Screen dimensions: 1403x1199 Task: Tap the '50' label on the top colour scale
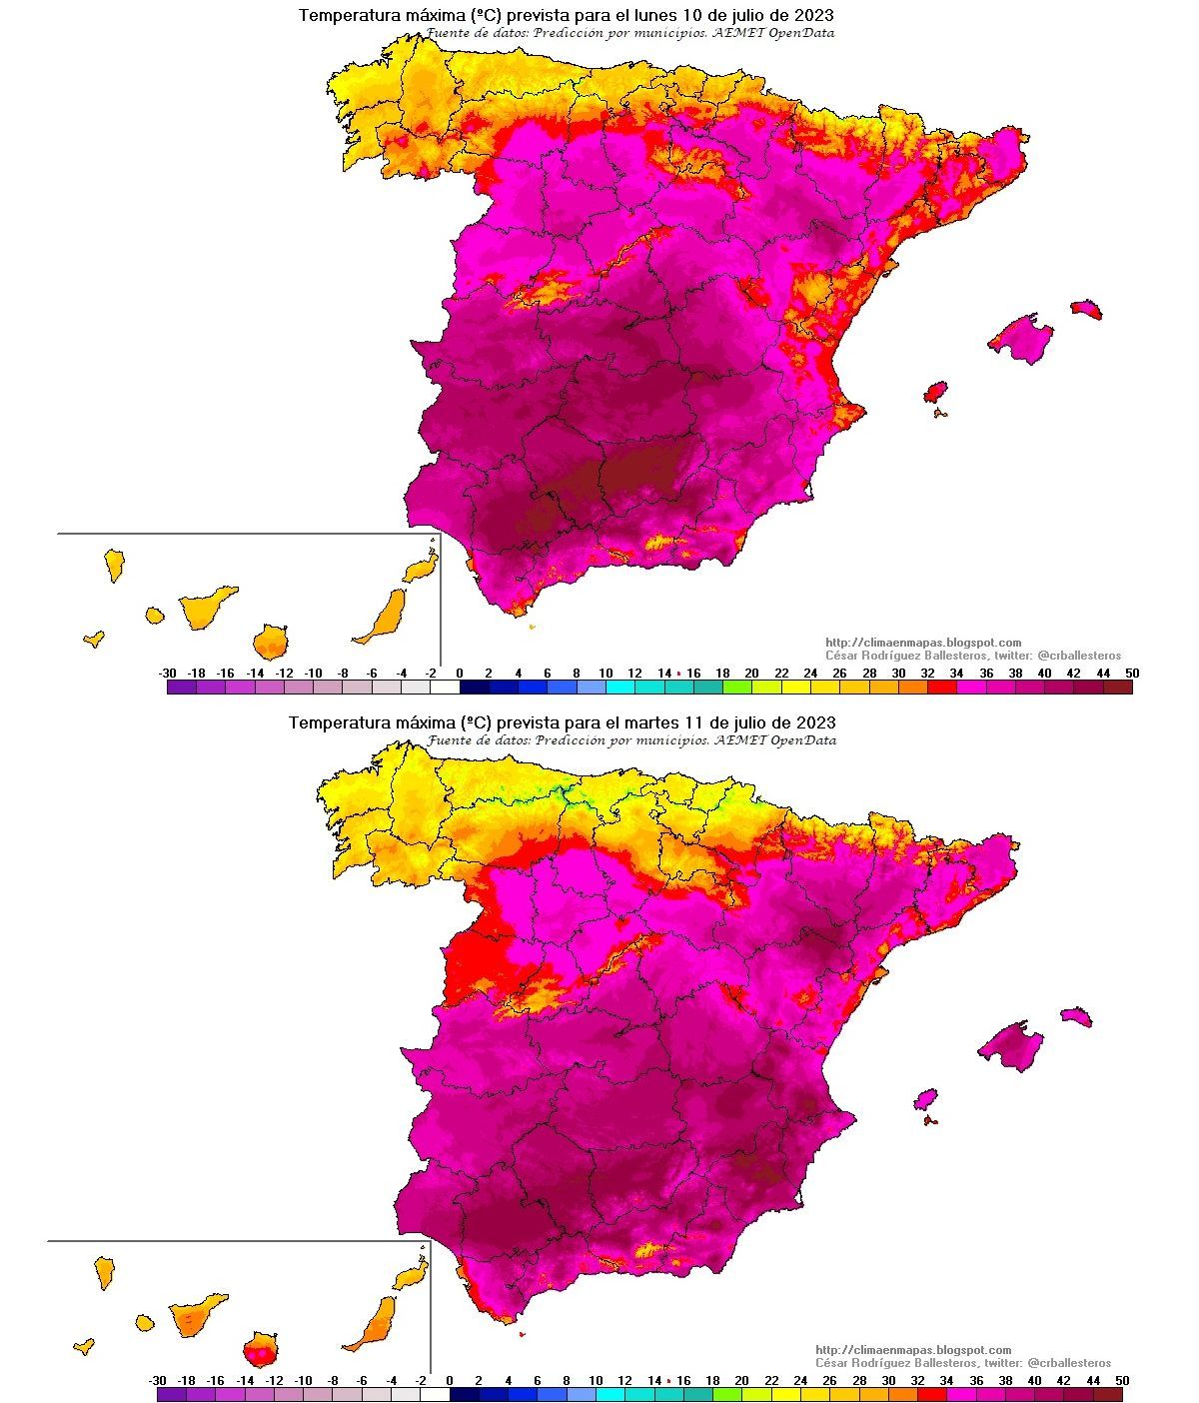click(x=1131, y=674)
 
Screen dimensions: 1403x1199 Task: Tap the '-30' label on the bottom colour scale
click(x=157, y=1381)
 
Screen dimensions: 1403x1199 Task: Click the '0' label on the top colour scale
click(x=460, y=674)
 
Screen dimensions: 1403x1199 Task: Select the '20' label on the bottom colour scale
click(x=741, y=1381)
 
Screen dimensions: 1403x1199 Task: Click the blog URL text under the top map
click(x=923, y=643)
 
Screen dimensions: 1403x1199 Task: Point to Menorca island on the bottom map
click(x=1075, y=1016)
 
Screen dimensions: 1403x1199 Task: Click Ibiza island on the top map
click(x=935, y=391)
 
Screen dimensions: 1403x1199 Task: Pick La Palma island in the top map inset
click(x=114, y=564)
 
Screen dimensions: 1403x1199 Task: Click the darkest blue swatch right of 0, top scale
click(x=475, y=688)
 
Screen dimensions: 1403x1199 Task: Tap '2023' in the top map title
click(x=814, y=16)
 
